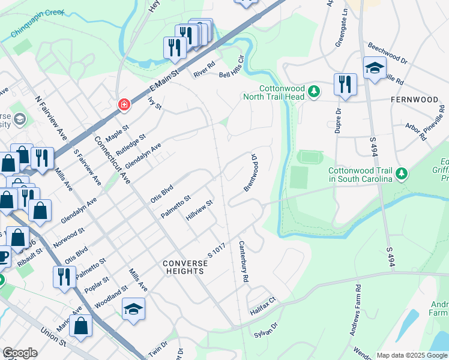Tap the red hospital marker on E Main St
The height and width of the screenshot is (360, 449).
[x=124, y=105]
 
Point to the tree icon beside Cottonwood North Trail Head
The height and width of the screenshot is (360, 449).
[x=313, y=92]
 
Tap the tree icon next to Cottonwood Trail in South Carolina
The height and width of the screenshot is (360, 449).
[x=402, y=174]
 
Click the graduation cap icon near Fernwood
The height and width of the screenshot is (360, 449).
[x=374, y=68]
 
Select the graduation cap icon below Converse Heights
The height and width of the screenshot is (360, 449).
[x=133, y=310]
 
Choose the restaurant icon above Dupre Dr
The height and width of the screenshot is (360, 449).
[x=345, y=85]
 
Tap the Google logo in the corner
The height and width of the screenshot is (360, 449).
[x=20, y=353]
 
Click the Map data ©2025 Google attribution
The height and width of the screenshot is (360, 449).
[x=411, y=355]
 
